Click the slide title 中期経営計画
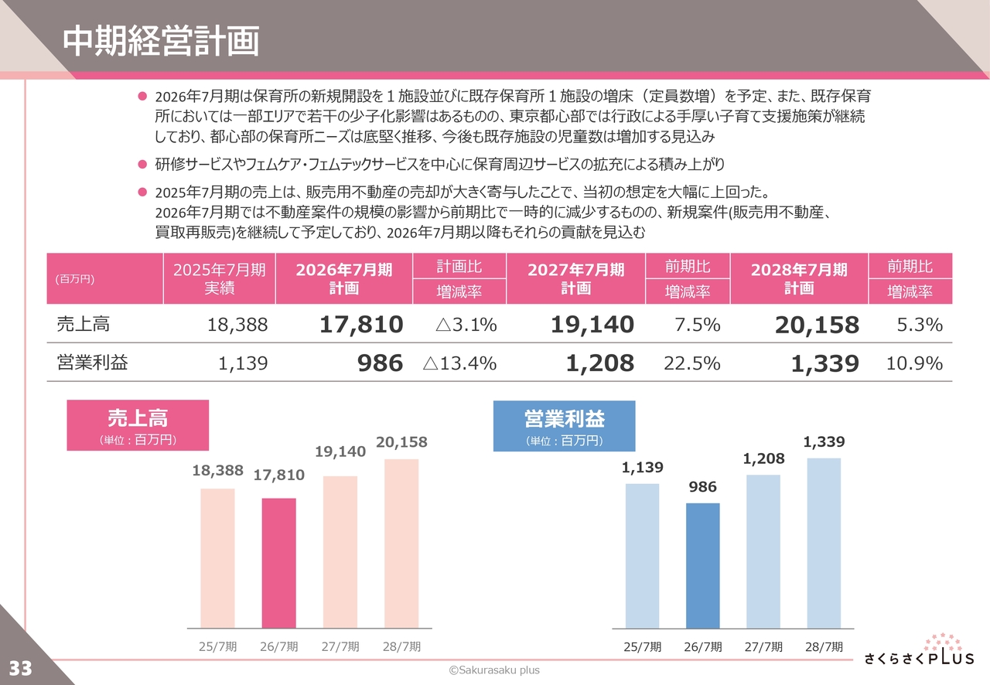click(161, 42)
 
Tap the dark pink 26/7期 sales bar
click(278, 563)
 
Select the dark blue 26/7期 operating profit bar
click(702, 565)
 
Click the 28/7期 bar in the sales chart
click(401, 544)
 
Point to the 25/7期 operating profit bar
click(642, 556)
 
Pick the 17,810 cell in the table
click(361, 325)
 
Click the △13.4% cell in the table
click(459, 363)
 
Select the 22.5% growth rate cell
click(691, 363)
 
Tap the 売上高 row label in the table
click(84, 325)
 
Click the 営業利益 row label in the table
click(93, 363)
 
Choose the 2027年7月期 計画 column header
click(575, 278)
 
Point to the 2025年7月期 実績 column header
click(219, 278)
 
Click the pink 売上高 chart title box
click(138, 425)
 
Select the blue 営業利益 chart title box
click(564, 426)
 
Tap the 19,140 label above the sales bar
click(340, 451)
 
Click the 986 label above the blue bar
click(702, 487)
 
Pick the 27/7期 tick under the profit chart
click(763, 647)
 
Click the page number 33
click(20, 668)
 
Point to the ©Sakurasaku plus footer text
click(495, 670)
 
